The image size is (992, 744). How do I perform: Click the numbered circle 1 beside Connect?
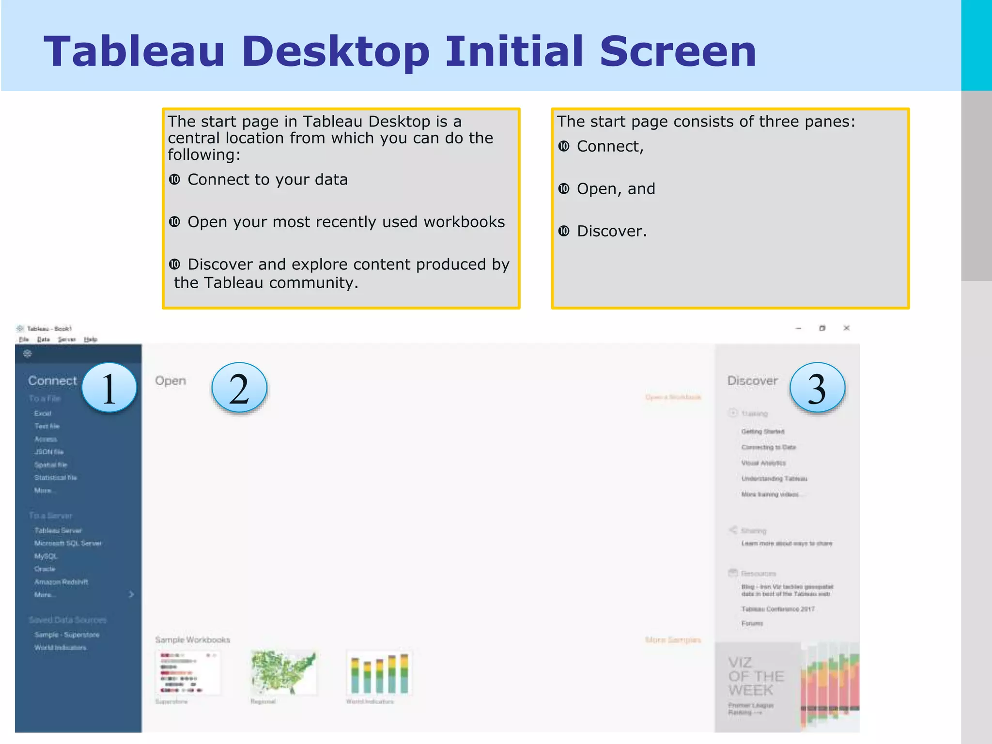tap(109, 388)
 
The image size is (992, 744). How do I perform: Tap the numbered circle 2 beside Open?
tap(239, 388)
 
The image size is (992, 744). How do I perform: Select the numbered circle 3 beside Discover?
tap(817, 388)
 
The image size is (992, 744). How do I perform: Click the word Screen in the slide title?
tap(678, 51)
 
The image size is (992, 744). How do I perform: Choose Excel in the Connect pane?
tap(43, 413)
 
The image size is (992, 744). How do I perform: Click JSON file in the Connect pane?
tap(49, 452)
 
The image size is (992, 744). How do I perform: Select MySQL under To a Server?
tap(46, 556)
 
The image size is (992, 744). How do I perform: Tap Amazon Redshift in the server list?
tap(61, 582)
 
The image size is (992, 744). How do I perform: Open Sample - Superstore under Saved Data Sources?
tap(67, 635)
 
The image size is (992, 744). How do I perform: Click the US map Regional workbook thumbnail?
tap(283, 673)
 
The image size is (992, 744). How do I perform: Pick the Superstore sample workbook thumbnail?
tap(188, 673)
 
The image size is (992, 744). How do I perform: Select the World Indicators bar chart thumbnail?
tap(379, 673)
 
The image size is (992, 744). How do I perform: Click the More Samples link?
tap(673, 640)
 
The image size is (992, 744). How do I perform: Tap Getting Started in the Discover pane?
tap(763, 432)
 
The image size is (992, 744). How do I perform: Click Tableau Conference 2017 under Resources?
tap(778, 609)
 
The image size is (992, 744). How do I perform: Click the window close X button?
tap(846, 328)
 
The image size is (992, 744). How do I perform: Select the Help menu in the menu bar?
tap(91, 340)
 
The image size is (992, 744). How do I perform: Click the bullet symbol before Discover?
tap(564, 231)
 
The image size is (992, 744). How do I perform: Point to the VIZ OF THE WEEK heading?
tap(756, 676)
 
